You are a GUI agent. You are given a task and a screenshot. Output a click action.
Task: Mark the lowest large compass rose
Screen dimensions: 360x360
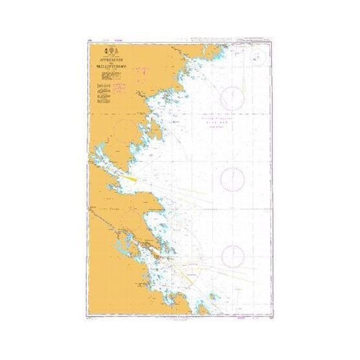(x=232, y=257)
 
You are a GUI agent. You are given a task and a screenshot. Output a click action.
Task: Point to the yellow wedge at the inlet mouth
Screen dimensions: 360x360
(x=130, y=174)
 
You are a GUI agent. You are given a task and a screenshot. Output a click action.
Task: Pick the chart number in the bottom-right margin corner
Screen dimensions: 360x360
(x=268, y=318)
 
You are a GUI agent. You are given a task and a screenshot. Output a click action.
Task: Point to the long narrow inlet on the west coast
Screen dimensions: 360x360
(x=110, y=163)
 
